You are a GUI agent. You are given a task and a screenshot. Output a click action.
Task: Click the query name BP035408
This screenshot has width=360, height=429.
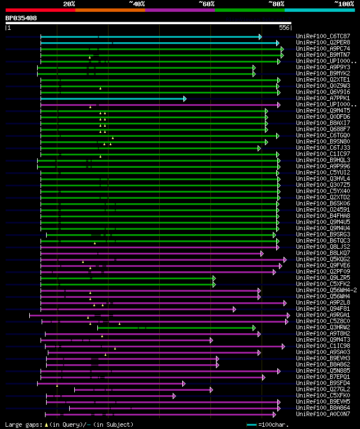click(x=21, y=18)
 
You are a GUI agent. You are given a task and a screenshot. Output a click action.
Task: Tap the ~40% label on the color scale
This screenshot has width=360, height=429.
click(x=137, y=4)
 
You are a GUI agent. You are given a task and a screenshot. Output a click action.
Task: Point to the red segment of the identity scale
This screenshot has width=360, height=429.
click(x=40, y=10)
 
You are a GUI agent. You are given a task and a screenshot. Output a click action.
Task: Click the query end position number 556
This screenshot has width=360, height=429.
click(x=285, y=27)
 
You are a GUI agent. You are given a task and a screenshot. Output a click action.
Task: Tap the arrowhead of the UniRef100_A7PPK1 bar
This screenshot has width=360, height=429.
click(x=184, y=99)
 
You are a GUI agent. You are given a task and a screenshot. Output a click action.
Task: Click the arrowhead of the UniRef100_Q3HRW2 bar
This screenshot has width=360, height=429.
click(x=254, y=328)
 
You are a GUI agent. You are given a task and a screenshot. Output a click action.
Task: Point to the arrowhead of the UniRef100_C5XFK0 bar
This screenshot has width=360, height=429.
click(x=174, y=396)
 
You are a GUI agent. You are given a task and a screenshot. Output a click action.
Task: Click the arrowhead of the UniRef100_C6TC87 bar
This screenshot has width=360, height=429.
click(x=260, y=37)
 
